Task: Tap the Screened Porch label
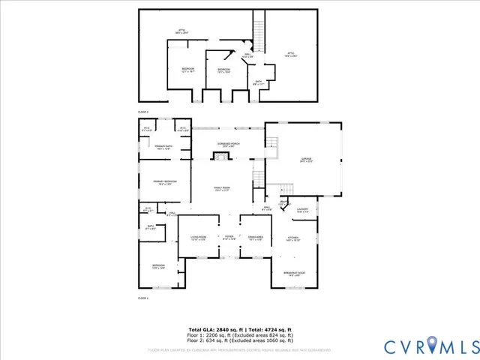229,145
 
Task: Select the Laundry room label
302,211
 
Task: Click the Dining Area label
255,238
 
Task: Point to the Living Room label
196,238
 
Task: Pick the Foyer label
229,238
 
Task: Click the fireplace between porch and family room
220,156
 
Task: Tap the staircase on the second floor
259,30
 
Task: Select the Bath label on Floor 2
258,83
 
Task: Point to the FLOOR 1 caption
143,298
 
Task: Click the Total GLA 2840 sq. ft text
214,330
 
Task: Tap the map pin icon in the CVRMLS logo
433,346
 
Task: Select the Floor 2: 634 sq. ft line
240,341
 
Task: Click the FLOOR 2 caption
143,112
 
